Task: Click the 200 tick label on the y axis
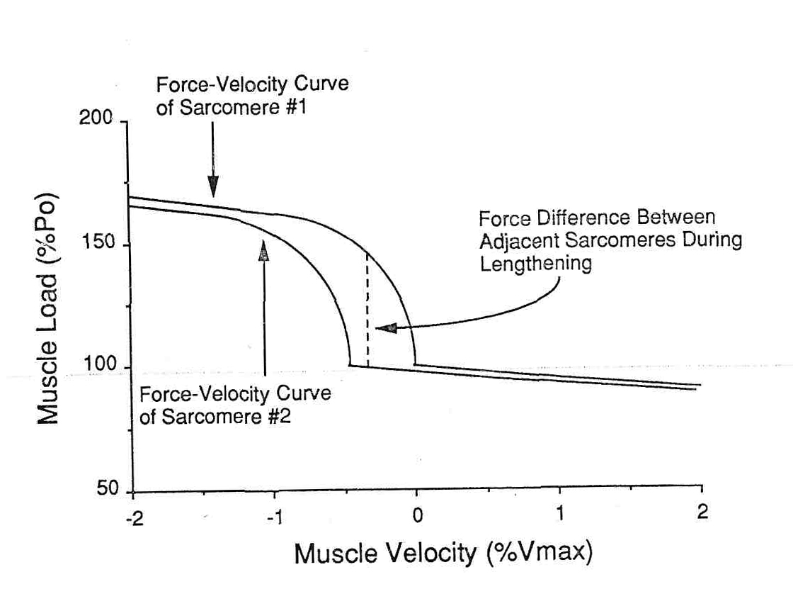click(96, 118)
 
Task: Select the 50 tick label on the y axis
click(106, 491)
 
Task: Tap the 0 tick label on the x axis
click(417, 515)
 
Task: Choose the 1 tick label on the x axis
click(560, 513)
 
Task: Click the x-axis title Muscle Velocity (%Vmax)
click(443, 552)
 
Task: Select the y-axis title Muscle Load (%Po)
click(47, 308)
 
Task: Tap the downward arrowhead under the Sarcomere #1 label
click(212, 188)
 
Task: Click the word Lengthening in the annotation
click(536, 264)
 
